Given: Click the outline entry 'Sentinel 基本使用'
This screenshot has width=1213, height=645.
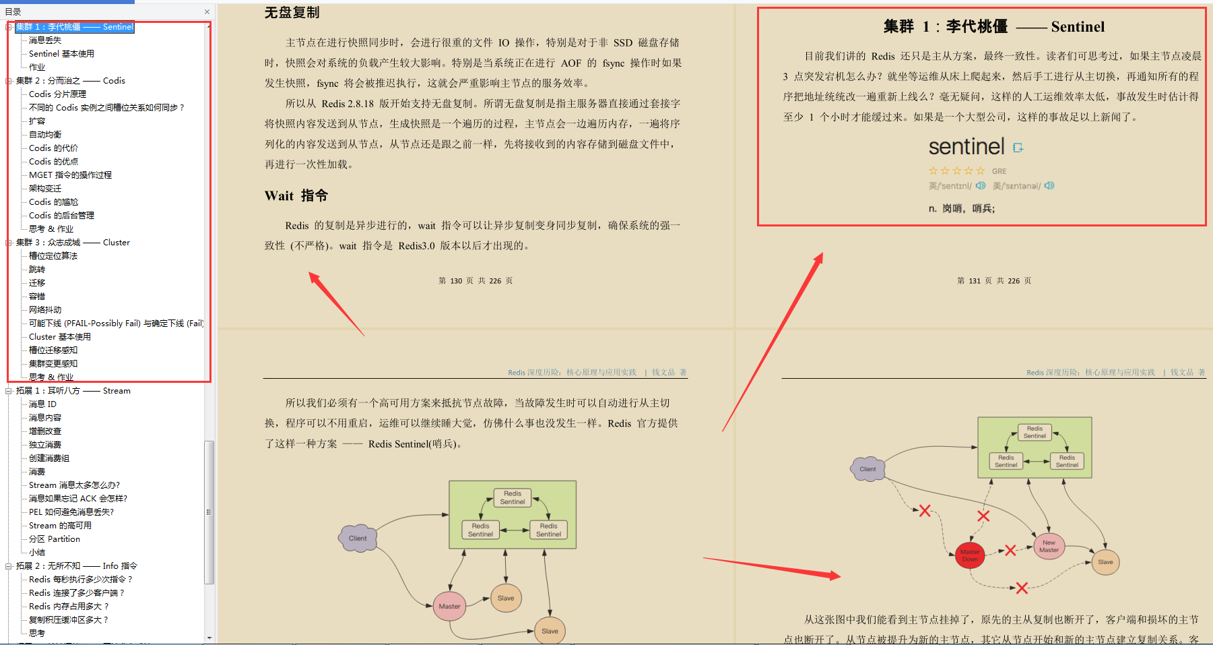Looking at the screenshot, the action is click(x=61, y=54).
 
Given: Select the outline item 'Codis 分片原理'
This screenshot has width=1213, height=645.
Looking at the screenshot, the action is click(x=57, y=94).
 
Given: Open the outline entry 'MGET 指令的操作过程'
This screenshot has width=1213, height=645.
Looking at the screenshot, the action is click(x=70, y=175).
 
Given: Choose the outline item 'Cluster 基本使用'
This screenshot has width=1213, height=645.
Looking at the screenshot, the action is click(x=59, y=337).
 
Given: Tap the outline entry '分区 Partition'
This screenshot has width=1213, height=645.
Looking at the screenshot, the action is click(x=54, y=539).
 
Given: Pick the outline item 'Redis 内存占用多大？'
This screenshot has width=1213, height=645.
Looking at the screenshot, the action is click(x=68, y=607).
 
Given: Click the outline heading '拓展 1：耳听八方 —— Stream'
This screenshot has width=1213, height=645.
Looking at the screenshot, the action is click(x=73, y=391).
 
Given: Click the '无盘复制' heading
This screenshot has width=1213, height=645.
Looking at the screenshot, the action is click(x=292, y=13).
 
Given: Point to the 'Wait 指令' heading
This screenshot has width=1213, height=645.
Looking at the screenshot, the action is click(x=296, y=196).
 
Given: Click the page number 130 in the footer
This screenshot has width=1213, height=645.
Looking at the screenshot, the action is click(x=456, y=281).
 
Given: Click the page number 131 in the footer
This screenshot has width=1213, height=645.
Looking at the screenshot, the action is click(x=975, y=281).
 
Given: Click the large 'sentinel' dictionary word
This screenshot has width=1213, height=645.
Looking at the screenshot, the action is click(x=966, y=147).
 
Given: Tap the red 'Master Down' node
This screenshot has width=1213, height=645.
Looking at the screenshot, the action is click(x=970, y=555).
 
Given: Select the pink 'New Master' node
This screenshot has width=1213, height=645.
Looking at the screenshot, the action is click(x=1049, y=546).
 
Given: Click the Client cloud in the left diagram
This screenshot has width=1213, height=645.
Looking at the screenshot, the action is click(x=358, y=538).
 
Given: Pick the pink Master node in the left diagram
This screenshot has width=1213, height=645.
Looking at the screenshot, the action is click(x=449, y=606).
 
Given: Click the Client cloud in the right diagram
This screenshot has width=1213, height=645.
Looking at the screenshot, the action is click(x=867, y=468).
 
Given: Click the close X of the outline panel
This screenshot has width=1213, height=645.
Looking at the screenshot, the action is click(x=207, y=11).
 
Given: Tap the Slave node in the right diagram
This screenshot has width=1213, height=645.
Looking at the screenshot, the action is click(x=1105, y=561).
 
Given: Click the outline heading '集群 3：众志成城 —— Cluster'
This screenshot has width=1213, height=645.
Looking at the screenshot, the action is click(x=73, y=243).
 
